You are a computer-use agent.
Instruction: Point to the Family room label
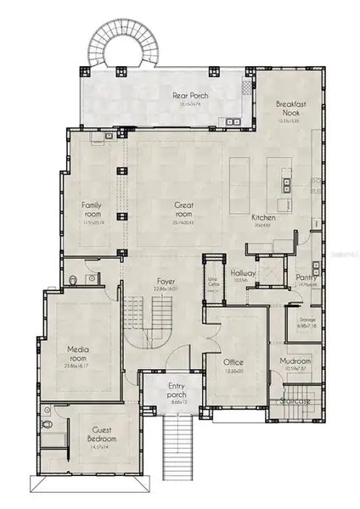(x=92, y=209)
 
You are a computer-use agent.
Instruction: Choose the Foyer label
(x=165, y=282)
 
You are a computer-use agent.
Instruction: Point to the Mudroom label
(x=300, y=359)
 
